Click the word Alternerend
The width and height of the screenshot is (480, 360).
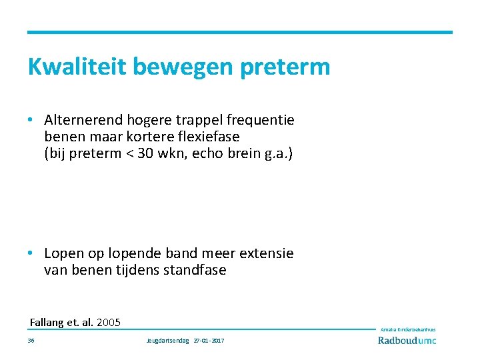click(84, 120)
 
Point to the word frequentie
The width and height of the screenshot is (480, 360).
click(261, 120)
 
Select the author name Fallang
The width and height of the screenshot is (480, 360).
click(48, 323)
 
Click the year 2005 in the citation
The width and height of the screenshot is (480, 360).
click(109, 323)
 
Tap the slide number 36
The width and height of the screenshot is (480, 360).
click(31, 341)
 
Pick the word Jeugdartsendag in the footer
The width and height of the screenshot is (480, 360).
click(167, 341)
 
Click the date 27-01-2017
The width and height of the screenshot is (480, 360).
click(209, 341)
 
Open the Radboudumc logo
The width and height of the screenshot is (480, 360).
click(407, 340)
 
